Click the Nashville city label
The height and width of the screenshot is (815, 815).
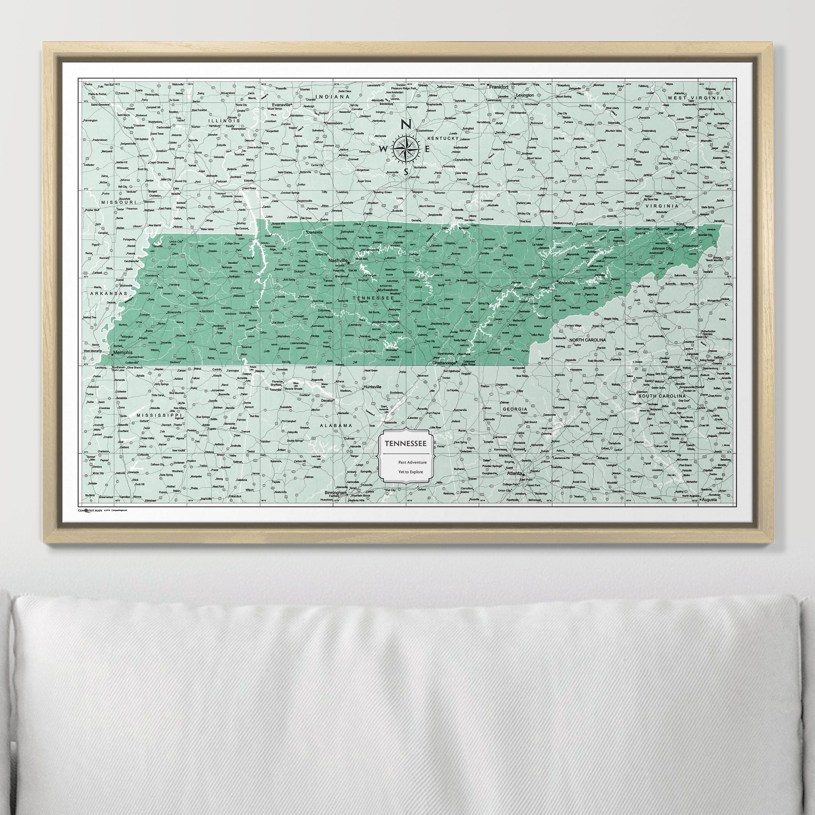coord(338,261)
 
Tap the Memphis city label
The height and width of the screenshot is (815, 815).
coord(123,353)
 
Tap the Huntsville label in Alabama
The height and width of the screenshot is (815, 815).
coord(372,386)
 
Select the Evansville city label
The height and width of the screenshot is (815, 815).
coord(282,104)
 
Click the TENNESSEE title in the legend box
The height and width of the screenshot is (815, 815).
coord(405,443)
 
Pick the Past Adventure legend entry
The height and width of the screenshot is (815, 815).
coord(412,462)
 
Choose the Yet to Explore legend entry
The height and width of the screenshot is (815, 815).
coord(410,472)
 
